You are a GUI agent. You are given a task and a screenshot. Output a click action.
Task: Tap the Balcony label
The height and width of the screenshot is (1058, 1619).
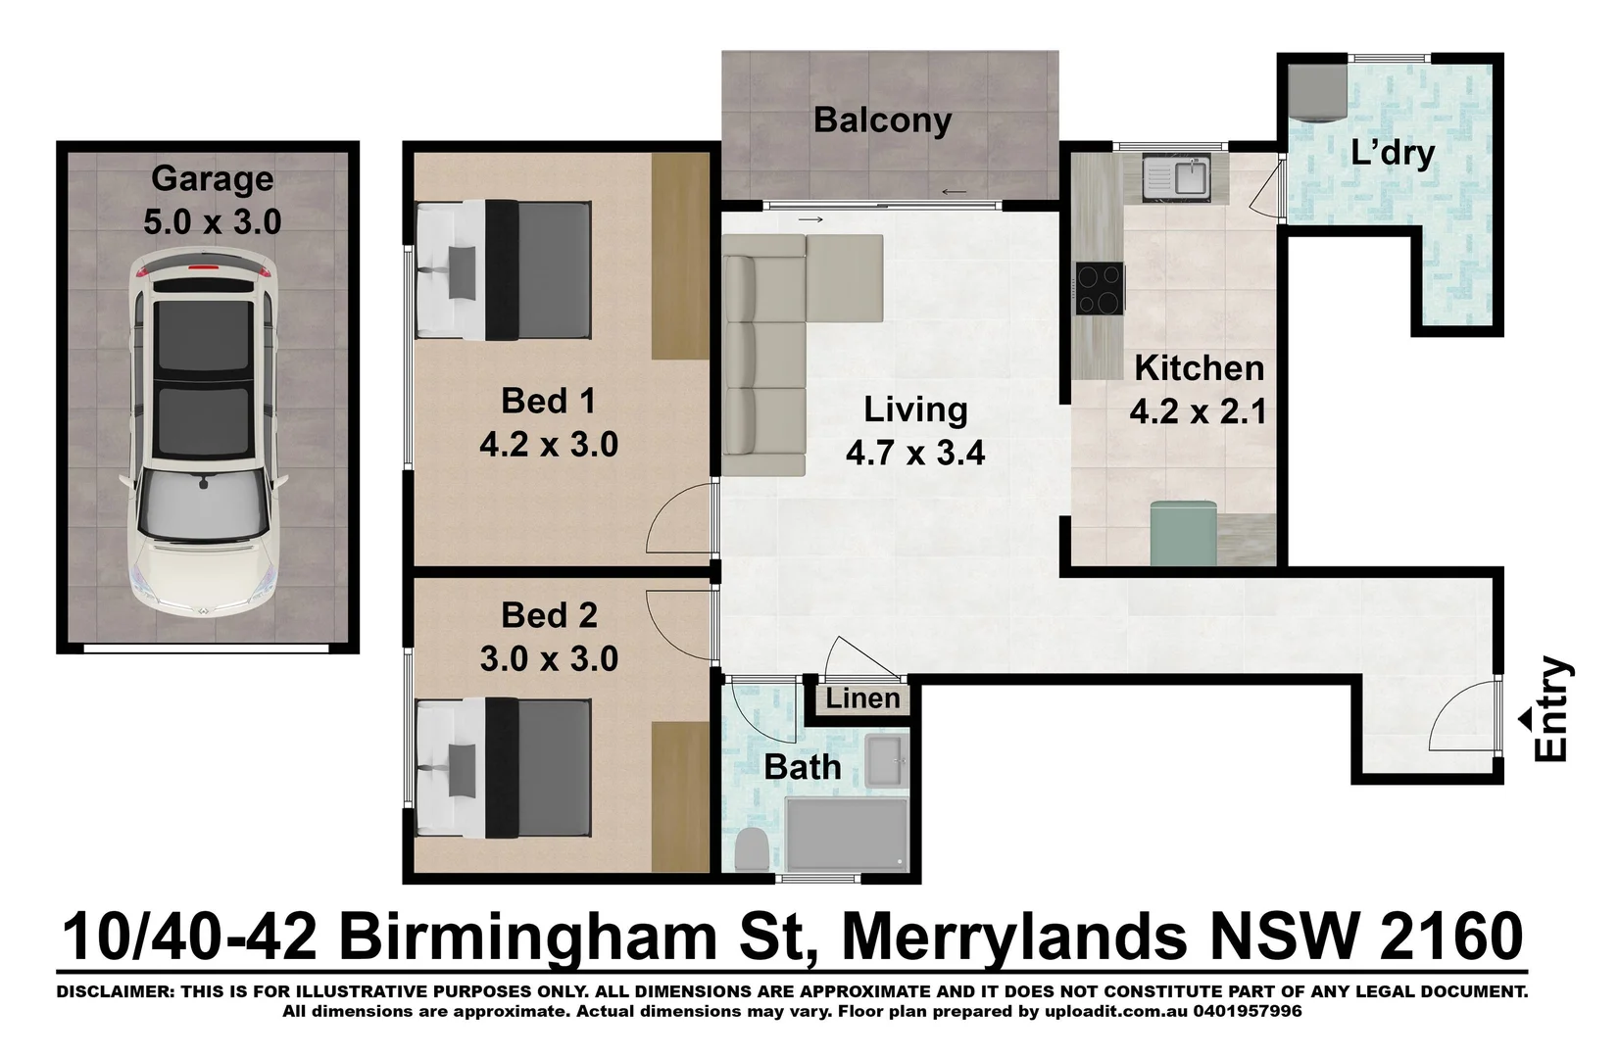coord(882,120)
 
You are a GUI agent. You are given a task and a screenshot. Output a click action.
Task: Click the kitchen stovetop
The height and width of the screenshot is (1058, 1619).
coord(1100,288)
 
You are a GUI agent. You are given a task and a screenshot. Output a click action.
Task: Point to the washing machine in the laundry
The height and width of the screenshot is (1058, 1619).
coord(1316,90)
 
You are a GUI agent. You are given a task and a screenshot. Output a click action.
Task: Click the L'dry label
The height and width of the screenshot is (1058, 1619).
coord(1392,153)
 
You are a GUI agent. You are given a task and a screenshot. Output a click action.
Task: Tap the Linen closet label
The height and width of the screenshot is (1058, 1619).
coord(862,698)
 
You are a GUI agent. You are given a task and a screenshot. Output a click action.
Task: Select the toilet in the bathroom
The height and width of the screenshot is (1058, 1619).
coord(753,849)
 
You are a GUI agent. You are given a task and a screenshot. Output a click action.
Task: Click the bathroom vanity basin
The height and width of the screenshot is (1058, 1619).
coord(887,757)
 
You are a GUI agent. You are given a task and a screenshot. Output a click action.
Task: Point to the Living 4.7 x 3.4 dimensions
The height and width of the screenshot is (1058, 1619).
coord(915,454)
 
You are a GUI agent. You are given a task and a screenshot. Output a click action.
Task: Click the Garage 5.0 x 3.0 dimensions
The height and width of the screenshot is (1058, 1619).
coord(212,222)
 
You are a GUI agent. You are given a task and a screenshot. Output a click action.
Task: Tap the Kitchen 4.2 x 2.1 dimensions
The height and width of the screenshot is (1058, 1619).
coord(1198,411)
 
